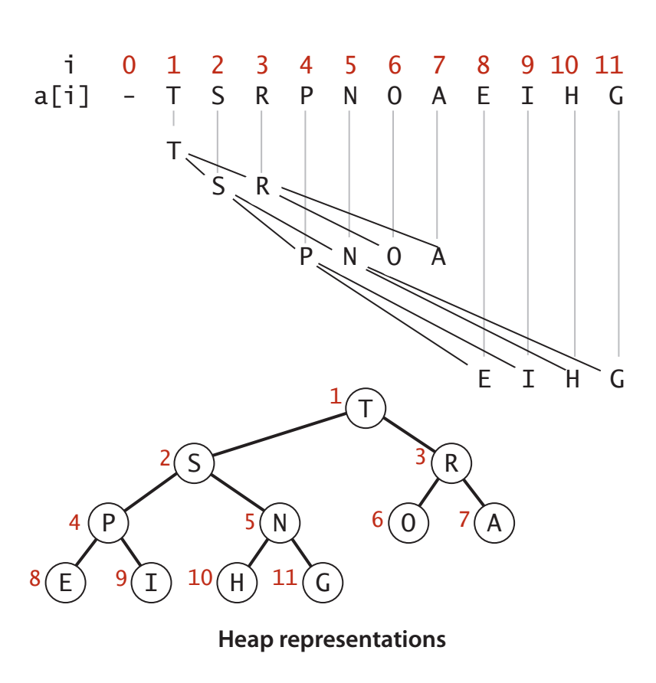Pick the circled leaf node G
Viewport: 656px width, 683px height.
pyautogui.click(x=323, y=583)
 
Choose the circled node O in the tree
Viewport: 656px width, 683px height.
pyautogui.click(x=408, y=524)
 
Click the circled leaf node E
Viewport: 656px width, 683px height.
pyautogui.click(x=65, y=583)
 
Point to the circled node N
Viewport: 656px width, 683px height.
pyautogui.click(x=280, y=524)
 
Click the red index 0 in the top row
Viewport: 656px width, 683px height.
pyautogui.click(x=130, y=66)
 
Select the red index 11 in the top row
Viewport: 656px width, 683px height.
pyautogui.click(x=609, y=66)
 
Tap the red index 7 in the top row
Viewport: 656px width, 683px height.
pyautogui.click(x=438, y=66)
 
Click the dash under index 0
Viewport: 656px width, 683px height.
pyautogui.click(x=130, y=98)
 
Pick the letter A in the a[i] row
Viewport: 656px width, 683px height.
pyautogui.click(x=438, y=97)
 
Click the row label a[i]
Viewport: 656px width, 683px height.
pyautogui.click(x=61, y=98)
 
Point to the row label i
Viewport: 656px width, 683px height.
pyautogui.click(x=70, y=66)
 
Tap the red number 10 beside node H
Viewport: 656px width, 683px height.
pyautogui.click(x=200, y=577)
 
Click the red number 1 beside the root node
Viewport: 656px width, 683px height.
pyautogui.click(x=335, y=397)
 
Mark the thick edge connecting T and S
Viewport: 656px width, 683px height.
pyautogui.click(x=280, y=436)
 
